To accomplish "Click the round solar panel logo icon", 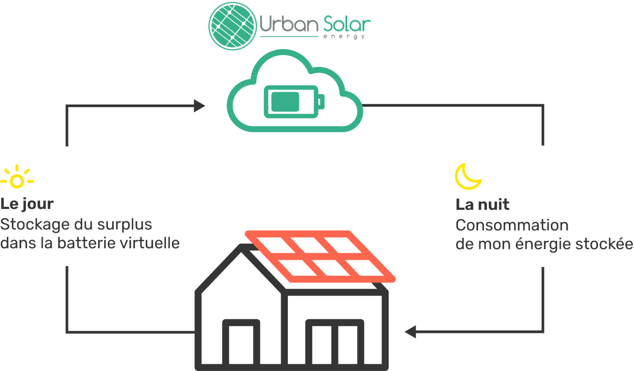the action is pos(232,26).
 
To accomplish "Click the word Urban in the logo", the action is pos(289,24).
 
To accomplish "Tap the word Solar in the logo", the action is pos(347,24).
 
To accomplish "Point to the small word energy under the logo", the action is pos(344,36).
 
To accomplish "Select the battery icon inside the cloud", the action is pos(294,102).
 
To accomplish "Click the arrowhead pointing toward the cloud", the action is pos(199,106).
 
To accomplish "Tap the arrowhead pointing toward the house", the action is pos(410,332).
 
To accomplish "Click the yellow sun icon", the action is pos(17,177).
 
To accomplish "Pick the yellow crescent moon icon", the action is pos(467,176).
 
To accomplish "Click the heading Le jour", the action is pos(27,204).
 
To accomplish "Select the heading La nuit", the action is pos(482,204).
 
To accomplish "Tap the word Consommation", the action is pos(512,225).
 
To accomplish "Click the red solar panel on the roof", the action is pos(320,256).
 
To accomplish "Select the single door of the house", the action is pos(241,344).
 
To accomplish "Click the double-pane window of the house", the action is pos(335,344).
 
